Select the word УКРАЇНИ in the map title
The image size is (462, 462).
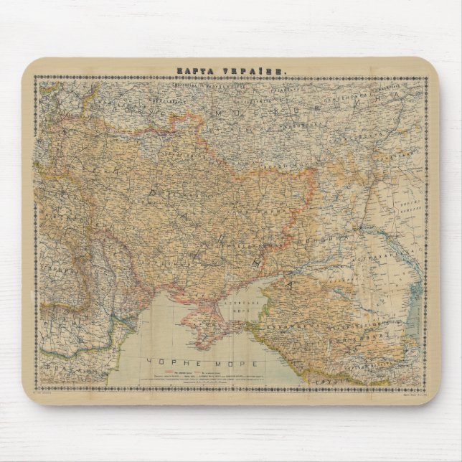pos(253,70)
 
